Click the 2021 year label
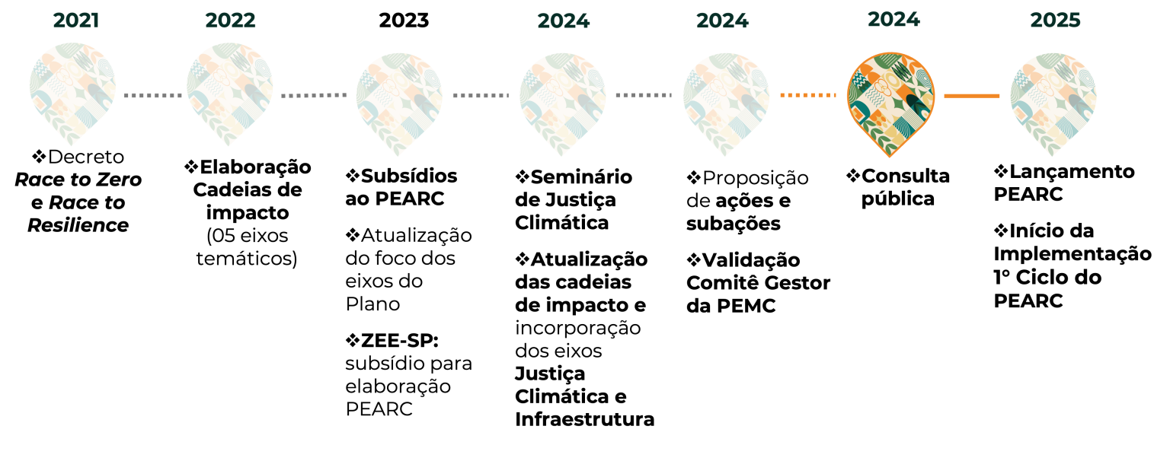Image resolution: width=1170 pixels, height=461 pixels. (x=76, y=21)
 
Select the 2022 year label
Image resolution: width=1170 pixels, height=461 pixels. (x=230, y=21)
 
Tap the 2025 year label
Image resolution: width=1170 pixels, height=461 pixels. (x=1055, y=21)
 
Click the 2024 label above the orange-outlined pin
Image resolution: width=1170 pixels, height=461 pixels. (x=893, y=20)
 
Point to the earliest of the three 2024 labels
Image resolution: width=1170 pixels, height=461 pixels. (x=564, y=21)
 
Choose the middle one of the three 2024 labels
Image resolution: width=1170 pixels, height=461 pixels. (x=722, y=21)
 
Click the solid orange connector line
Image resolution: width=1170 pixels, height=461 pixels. (x=972, y=96)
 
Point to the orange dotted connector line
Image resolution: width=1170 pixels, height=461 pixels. (x=808, y=95)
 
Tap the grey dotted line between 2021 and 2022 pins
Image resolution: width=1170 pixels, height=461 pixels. (x=152, y=95)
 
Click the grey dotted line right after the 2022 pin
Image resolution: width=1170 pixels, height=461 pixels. (x=314, y=95)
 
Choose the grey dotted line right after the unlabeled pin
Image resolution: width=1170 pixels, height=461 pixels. (x=481, y=95)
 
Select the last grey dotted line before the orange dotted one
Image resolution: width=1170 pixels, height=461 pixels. (x=644, y=95)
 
